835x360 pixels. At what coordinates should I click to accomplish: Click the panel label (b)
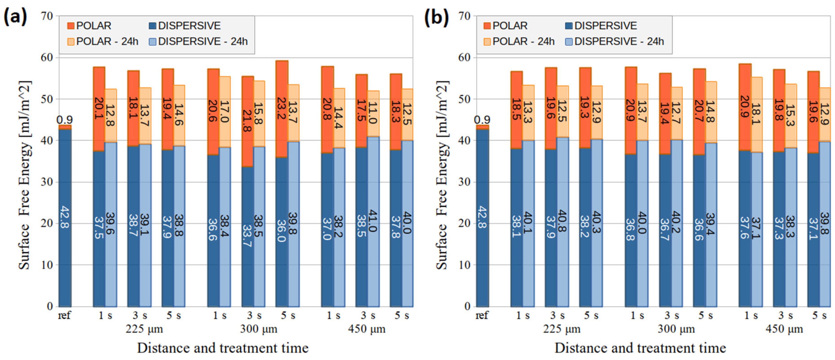tap(436, 17)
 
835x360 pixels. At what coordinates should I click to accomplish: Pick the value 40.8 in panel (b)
tap(563, 221)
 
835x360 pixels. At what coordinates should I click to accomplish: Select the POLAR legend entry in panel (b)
tap(506, 26)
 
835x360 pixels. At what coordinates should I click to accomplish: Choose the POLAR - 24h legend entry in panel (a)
tap(103, 42)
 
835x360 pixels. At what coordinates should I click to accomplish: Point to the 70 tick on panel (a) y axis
tap(47, 16)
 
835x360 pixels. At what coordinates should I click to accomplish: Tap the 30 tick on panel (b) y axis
tap(464, 182)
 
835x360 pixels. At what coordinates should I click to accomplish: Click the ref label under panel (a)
tap(64, 315)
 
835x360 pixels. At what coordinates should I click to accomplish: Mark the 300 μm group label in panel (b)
tap(676, 329)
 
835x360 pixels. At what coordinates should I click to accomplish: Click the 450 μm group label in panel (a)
tap(366, 329)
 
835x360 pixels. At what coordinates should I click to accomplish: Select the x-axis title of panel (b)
tap(640, 348)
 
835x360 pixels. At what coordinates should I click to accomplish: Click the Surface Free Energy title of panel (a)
tap(25, 175)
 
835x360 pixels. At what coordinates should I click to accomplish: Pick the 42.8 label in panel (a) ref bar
tap(65, 217)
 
